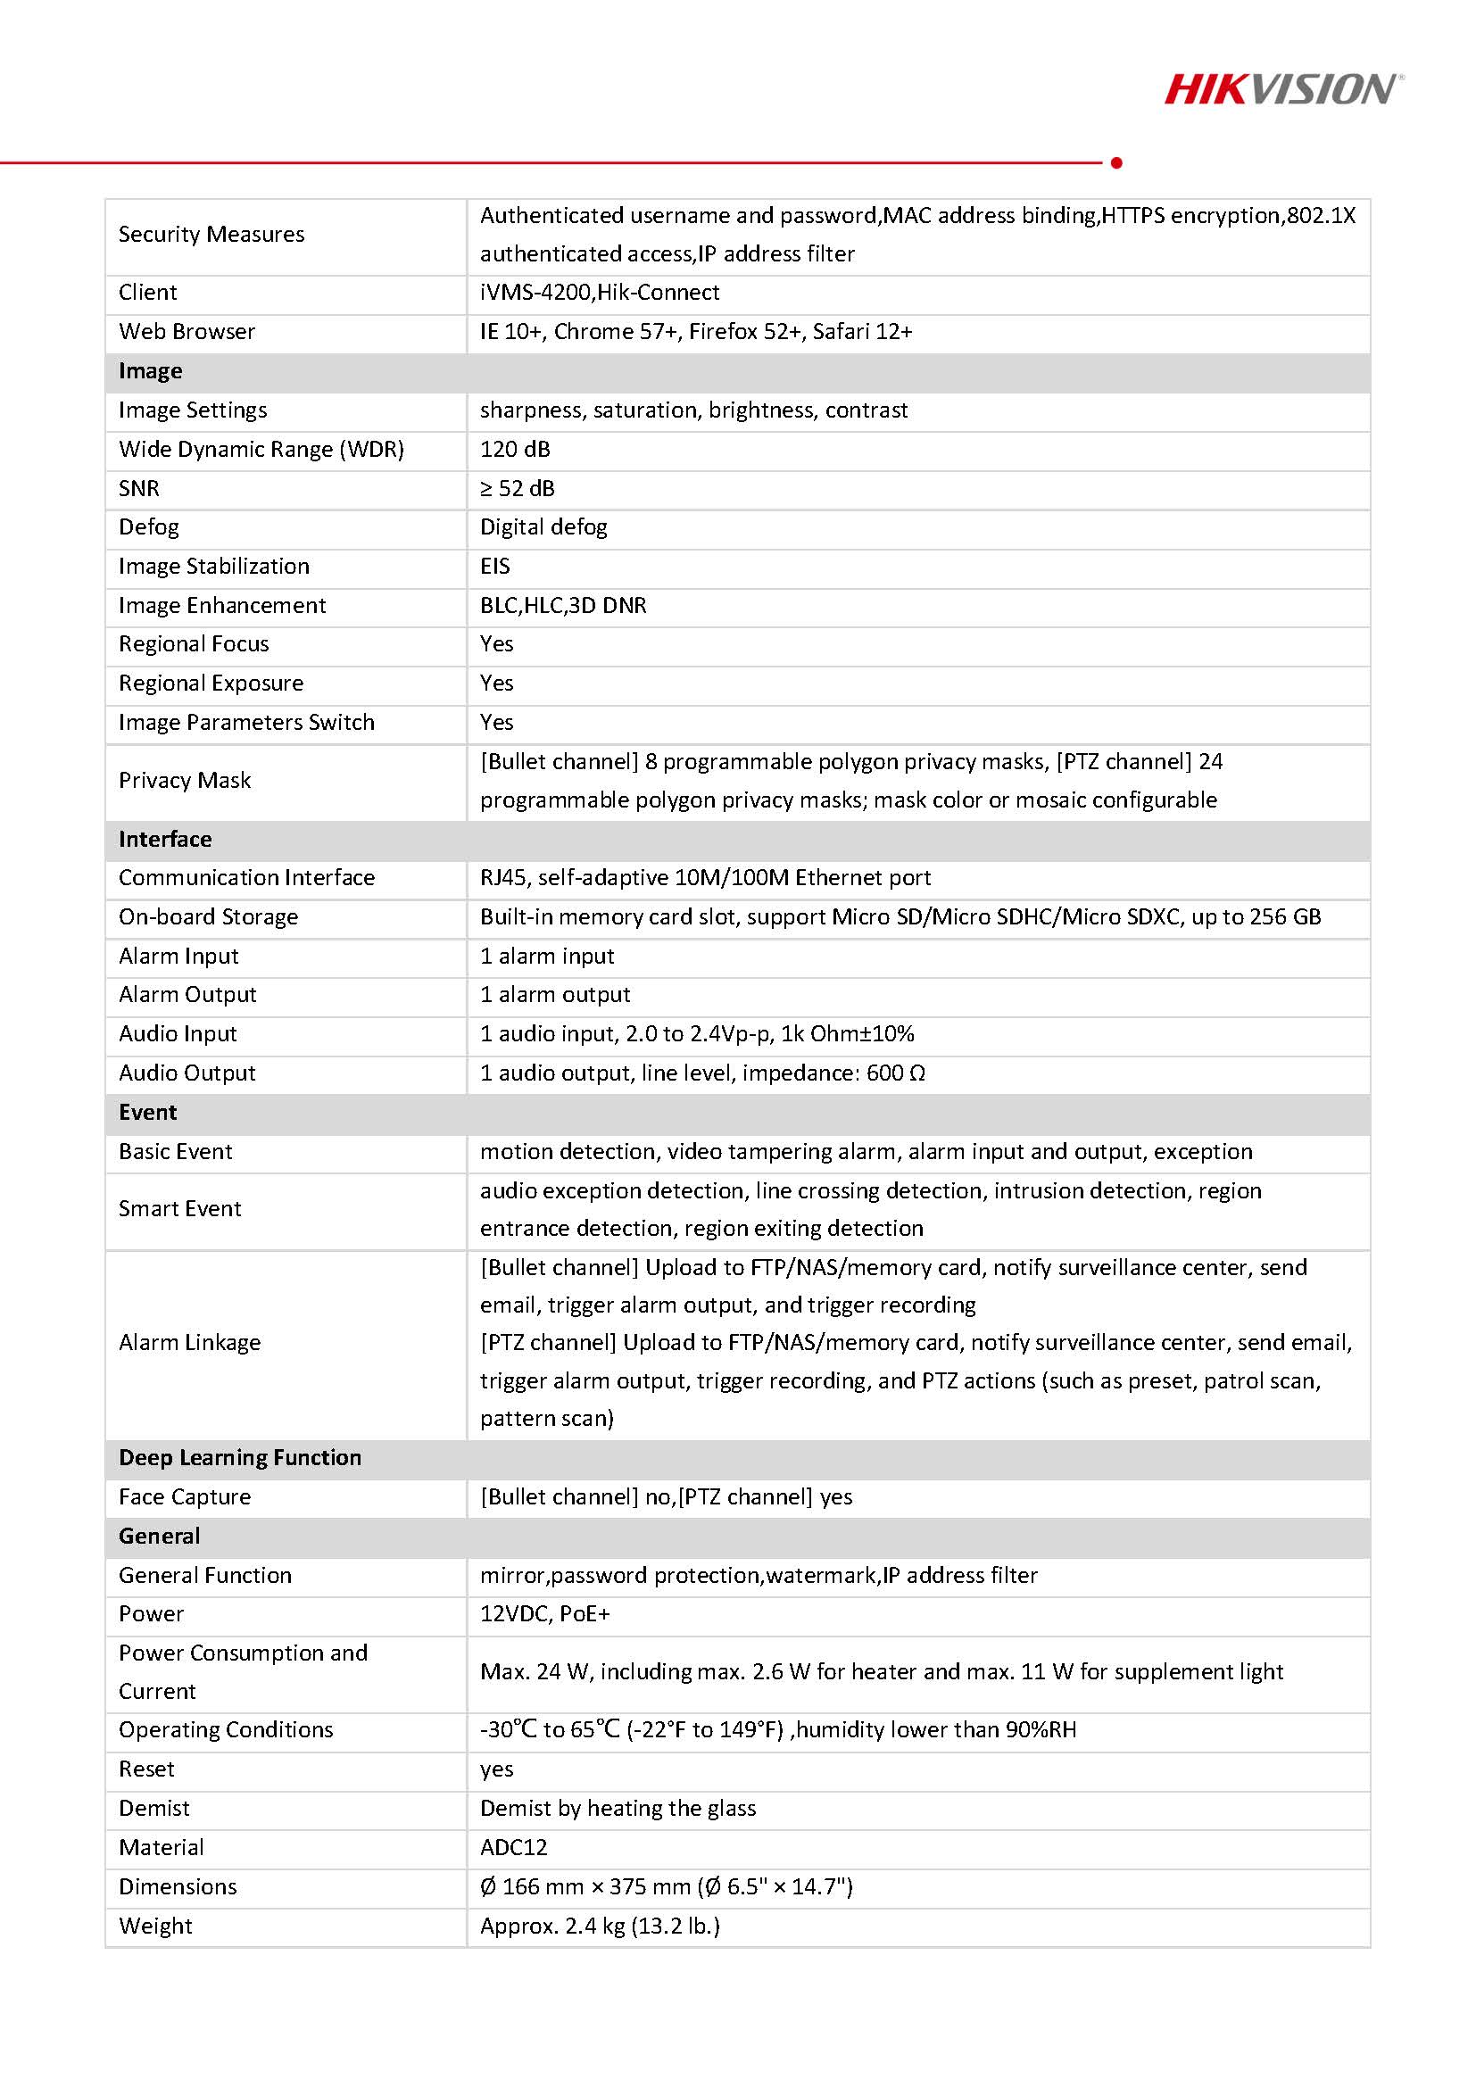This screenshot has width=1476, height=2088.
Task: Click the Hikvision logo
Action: (x=1283, y=89)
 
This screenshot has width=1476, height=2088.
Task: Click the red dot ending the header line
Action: (x=1116, y=162)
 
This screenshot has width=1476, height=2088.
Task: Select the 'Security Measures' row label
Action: (x=211, y=235)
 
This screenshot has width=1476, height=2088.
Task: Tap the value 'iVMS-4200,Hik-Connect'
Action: (x=600, y=292)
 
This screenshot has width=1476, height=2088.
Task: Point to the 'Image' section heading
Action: (x=150, y=371)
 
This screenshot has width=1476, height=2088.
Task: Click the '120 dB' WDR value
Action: (x=515, y=449)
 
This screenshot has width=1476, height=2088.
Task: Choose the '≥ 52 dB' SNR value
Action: (x=517, y=488)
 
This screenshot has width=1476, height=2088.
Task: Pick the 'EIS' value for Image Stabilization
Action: (x=494, y=566)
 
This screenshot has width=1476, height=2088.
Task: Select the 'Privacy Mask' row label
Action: (x=185, y=780)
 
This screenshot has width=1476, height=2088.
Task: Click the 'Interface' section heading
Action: (x=164, y=839)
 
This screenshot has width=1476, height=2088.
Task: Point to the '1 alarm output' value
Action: (x=555, y=994)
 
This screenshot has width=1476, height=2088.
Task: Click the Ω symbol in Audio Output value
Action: (x=917, y=1073)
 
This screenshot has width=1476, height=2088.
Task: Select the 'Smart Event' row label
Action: (x=180, y=1208)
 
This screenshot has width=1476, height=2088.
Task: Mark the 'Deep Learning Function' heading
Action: (x=240, y=1458)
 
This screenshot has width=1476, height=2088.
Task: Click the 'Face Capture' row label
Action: (x=185, y=1497)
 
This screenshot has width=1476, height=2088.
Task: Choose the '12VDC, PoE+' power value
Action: (x=544, y=1614)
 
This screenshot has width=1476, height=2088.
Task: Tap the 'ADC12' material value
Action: (x=514, y=1848)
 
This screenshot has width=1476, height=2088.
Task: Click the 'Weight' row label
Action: (x=155, y=1926)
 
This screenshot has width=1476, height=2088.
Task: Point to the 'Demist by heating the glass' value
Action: (x=618, y=1809)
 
